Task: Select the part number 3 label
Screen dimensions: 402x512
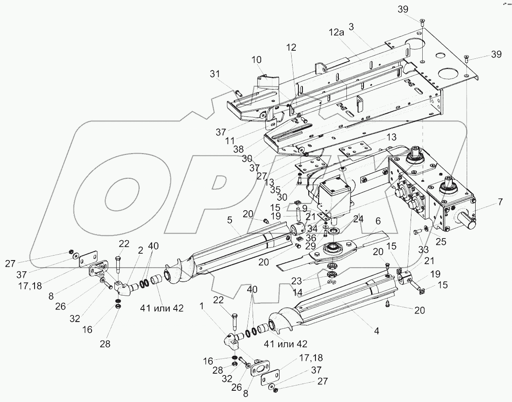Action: click(352, 27)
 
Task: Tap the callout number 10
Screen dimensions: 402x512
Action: click(256, 60)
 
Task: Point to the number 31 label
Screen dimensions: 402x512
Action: click(215, 74)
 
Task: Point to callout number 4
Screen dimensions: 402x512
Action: click(376, 331)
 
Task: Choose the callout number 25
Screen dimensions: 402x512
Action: click(441, 242)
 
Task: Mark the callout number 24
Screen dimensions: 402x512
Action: click(358, 220)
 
